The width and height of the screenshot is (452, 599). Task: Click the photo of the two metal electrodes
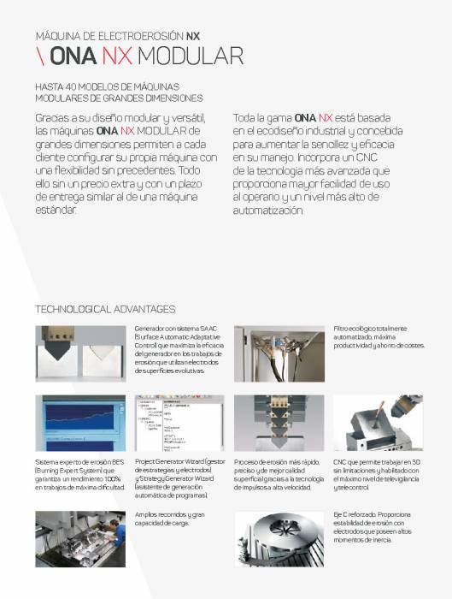(x=79, y=352)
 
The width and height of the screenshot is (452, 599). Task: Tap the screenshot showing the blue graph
(x=79, y=423)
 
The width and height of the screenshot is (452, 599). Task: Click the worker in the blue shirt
(x=118, y=535)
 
